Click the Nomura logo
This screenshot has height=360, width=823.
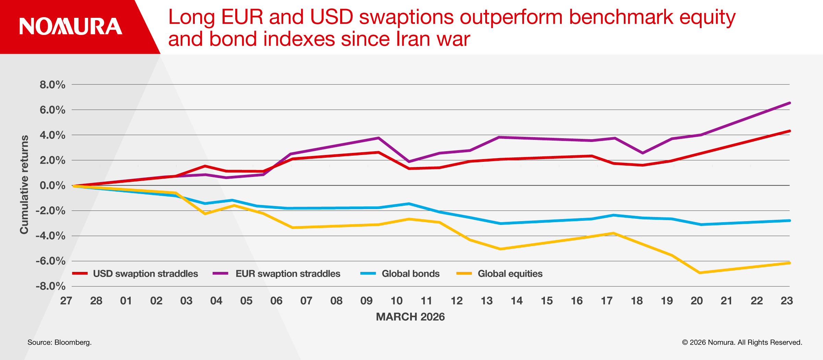coord(71,26)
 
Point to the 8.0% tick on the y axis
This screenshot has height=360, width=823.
coord(52,85)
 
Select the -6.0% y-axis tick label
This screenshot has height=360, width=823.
coord(50,261)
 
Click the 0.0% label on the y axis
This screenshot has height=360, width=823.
coord(52,185)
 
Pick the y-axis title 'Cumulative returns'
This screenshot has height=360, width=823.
coord(24,184)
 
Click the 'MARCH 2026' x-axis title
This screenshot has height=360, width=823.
coord(410,316)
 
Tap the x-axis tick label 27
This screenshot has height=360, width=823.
coord(66,301)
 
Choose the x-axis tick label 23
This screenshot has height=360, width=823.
coord(787,301)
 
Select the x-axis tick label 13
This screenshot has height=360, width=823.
coord(487,301)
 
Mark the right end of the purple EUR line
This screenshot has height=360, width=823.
coord(789,103)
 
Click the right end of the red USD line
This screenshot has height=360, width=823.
coord(789,131)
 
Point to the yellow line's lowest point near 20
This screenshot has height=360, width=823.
coord(700,273)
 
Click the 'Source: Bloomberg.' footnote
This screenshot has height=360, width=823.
coord(60,342)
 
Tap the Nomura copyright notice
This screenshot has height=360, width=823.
coord(742,342)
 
